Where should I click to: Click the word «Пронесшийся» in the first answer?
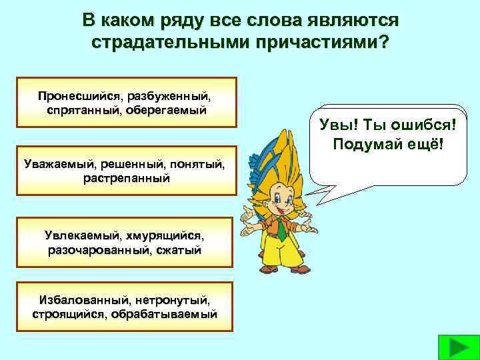pyautogui.click(x=71, y=96)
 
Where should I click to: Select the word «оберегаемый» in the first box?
pyautogui.click(x=171, y=109)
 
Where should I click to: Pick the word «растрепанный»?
pyautogui.click(x=127, y=178)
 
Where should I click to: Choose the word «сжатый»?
pyautogui.click(x=180, y=249)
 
